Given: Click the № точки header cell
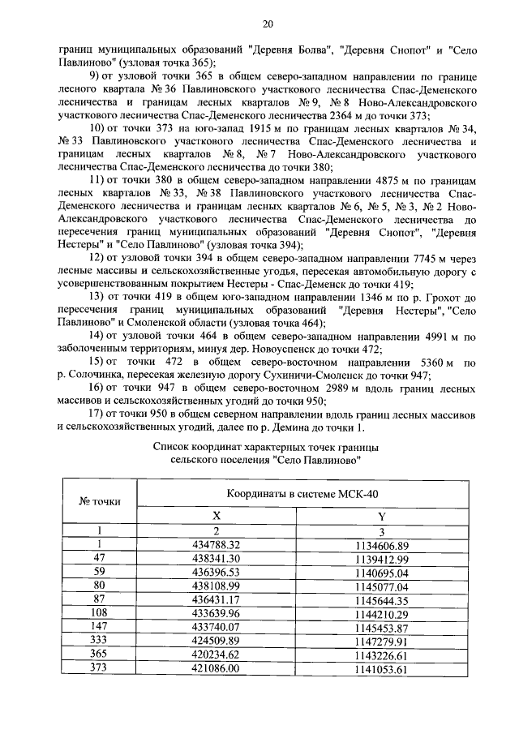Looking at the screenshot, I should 100,500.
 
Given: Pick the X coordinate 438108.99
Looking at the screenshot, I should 216,586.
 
